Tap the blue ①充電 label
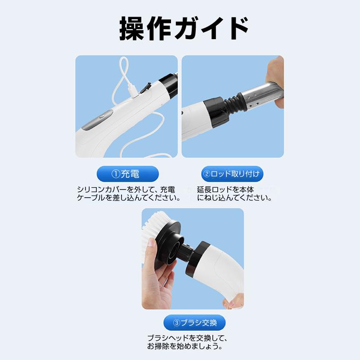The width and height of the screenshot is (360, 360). pos(128,174)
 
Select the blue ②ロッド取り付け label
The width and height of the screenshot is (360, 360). pos(231,174)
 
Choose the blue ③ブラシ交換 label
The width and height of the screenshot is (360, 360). pos(194,322)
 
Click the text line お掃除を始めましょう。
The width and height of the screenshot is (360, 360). pos(184,346)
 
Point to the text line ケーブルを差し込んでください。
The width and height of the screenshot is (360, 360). pos(128,198)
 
